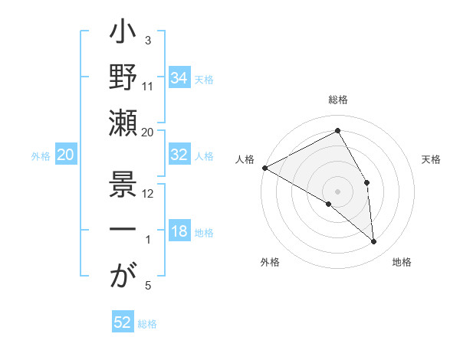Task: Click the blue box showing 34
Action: [x=179, y=78]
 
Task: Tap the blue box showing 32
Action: [x=179, y=155]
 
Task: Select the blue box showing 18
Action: [x=179, y=232]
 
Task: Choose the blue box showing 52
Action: [x=123, y=323]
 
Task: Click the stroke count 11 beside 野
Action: [x=148, y=87]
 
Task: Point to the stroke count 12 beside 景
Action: [x=148, y=193]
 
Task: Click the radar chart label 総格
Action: [x=338, y=100]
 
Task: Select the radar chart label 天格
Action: [x=431, y=159]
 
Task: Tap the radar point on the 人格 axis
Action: [x=264, y=168]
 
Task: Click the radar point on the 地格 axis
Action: [x=374, y=241]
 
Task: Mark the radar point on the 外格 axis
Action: [x=329, y=204]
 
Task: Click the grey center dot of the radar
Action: [x=338, y=191]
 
